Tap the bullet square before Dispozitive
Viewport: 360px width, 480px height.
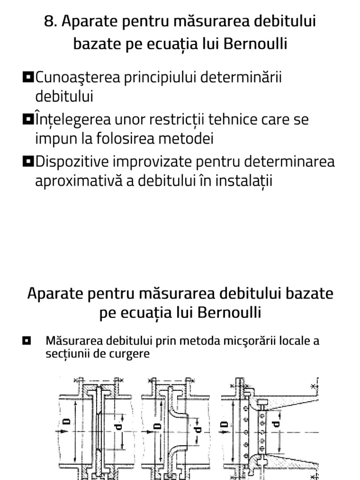click(x=28, y=161)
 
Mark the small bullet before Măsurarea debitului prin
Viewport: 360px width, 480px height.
click(x=27, y=340)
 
